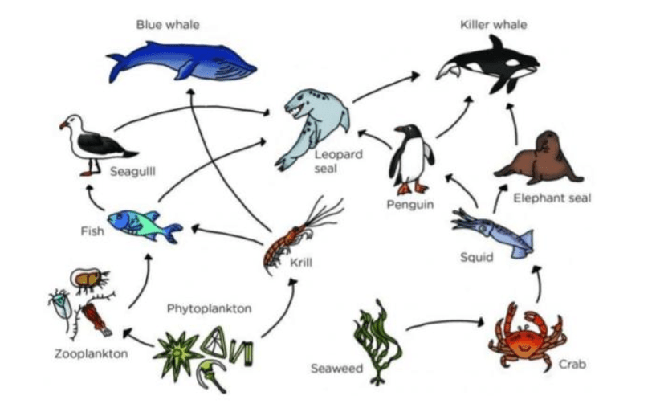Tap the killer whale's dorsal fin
coord(497,44)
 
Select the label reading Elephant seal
coord(552,198)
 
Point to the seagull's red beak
coord(63,125)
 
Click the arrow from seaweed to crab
coord(445,324)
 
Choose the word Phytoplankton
coord(210,309)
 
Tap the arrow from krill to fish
coord(226,235)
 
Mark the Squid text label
coord(476,257)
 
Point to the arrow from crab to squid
coord(538,284)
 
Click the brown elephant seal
coord(540,159)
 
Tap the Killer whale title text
coord(494,25)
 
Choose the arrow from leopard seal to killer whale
coord(385,87)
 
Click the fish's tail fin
coord(173,233)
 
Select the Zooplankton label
coord(92,353)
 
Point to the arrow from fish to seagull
coord(95,198)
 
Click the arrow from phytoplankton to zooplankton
coord(138,338)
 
